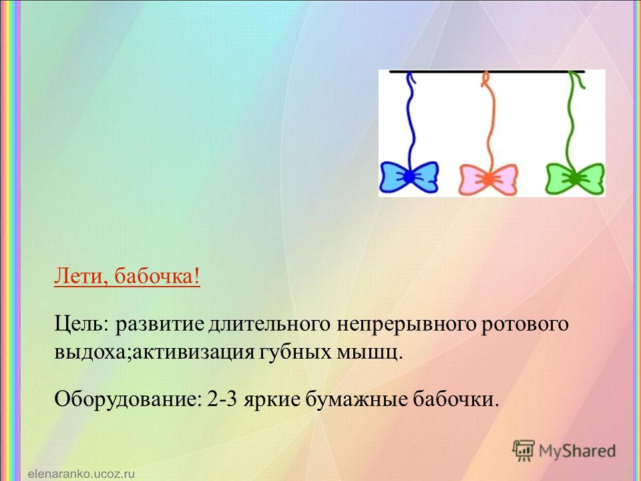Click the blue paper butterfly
409,176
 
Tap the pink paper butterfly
488,179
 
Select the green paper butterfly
575,178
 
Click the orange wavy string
489,123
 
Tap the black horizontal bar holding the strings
487,71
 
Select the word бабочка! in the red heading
157,277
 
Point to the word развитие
160,325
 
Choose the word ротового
525,325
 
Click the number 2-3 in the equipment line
222,398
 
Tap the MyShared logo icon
523,451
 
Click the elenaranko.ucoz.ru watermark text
81,474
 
